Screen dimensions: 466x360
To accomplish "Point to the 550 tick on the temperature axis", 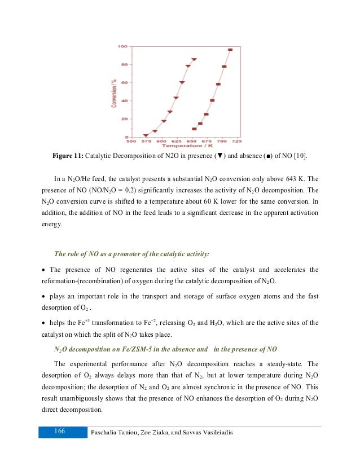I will coord(131,141).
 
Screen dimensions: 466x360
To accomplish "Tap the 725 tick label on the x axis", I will coord(238,141).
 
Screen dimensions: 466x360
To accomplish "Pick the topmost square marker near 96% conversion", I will coord(230,50).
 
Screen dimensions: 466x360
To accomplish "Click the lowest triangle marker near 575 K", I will coord(146,135).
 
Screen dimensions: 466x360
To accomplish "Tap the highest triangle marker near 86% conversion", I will coord(194,59).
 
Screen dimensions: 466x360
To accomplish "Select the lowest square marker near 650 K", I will coord(194,129).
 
